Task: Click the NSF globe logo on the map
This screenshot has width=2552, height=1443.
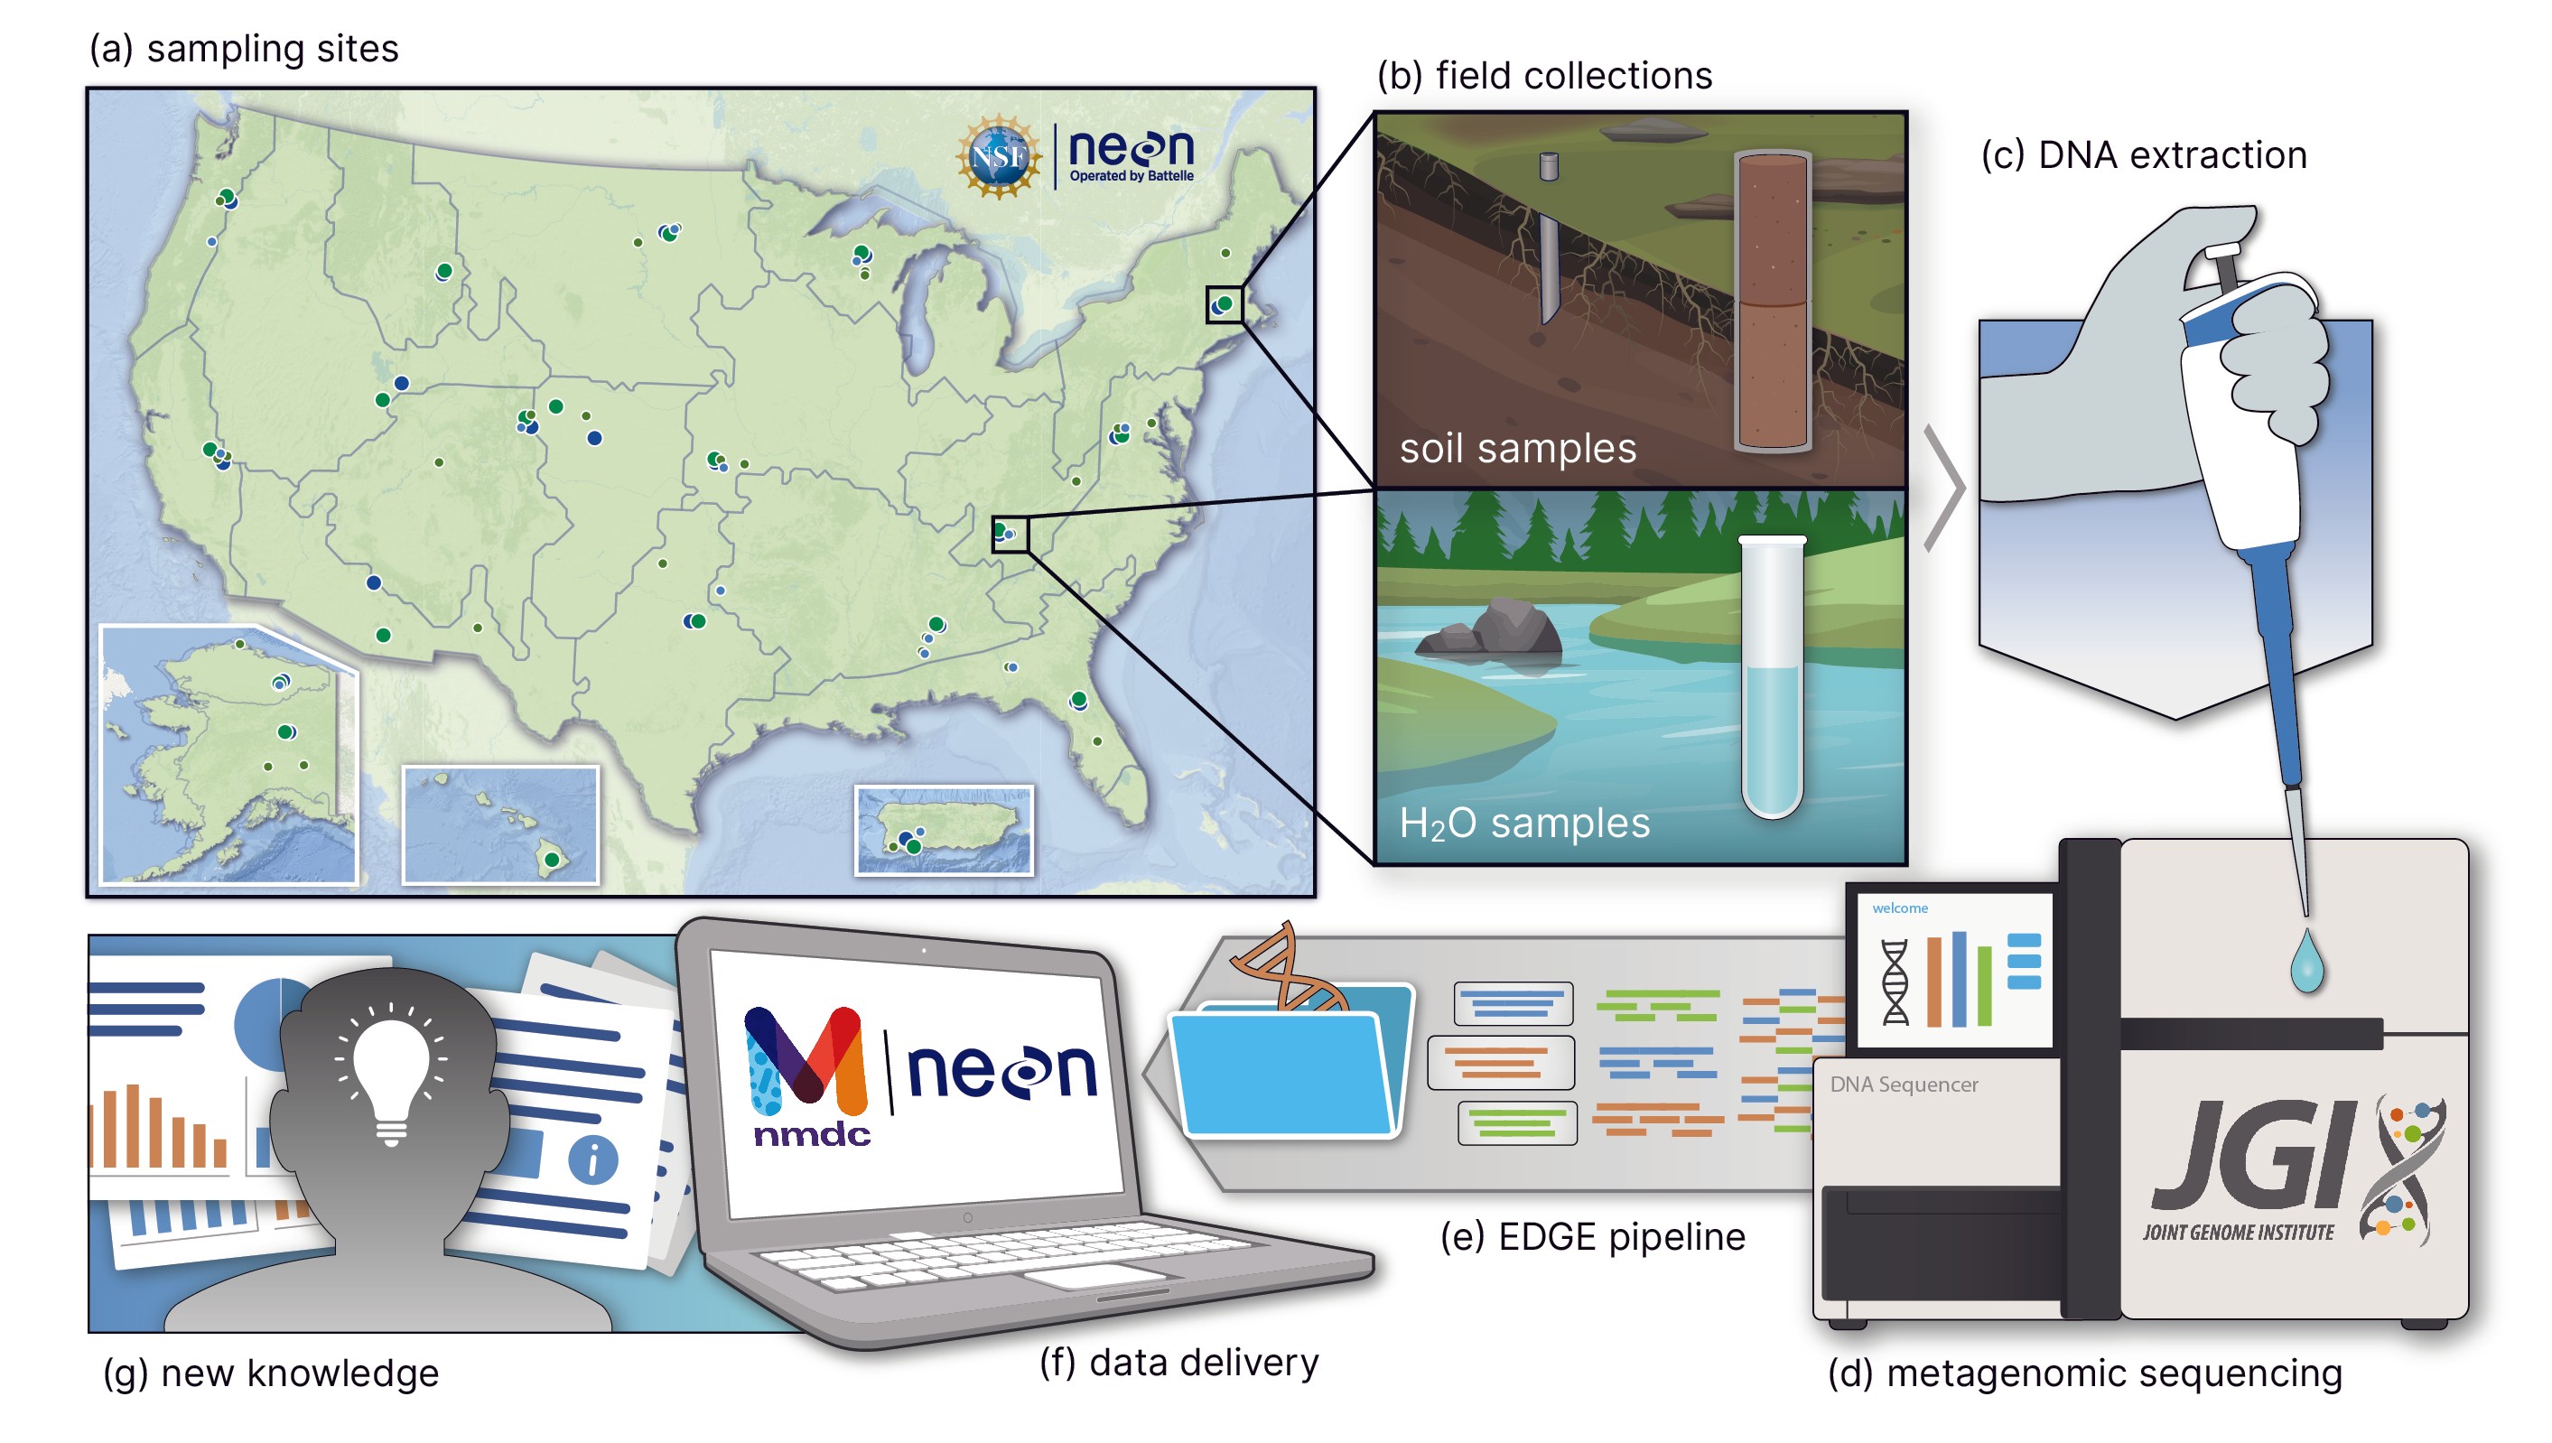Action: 998,156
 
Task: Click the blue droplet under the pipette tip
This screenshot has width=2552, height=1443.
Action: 2306,962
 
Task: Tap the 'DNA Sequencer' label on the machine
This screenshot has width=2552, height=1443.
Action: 1903,1085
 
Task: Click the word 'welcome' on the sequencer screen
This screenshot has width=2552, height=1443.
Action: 1899,908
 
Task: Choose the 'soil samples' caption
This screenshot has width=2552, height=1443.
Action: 1516,449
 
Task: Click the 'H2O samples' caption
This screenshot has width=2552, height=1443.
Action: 1523,824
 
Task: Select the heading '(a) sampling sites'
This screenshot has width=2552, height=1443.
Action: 244,49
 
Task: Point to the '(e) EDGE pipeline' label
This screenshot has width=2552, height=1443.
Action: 1592,1237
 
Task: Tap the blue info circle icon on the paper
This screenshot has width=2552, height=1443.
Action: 592,1159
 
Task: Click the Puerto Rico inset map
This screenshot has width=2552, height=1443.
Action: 944,831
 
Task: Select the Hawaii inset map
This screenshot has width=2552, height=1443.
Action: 500,824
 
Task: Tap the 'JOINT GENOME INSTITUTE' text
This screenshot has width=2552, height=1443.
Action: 2238,1232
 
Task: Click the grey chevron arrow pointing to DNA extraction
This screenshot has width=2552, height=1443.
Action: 1944,488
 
